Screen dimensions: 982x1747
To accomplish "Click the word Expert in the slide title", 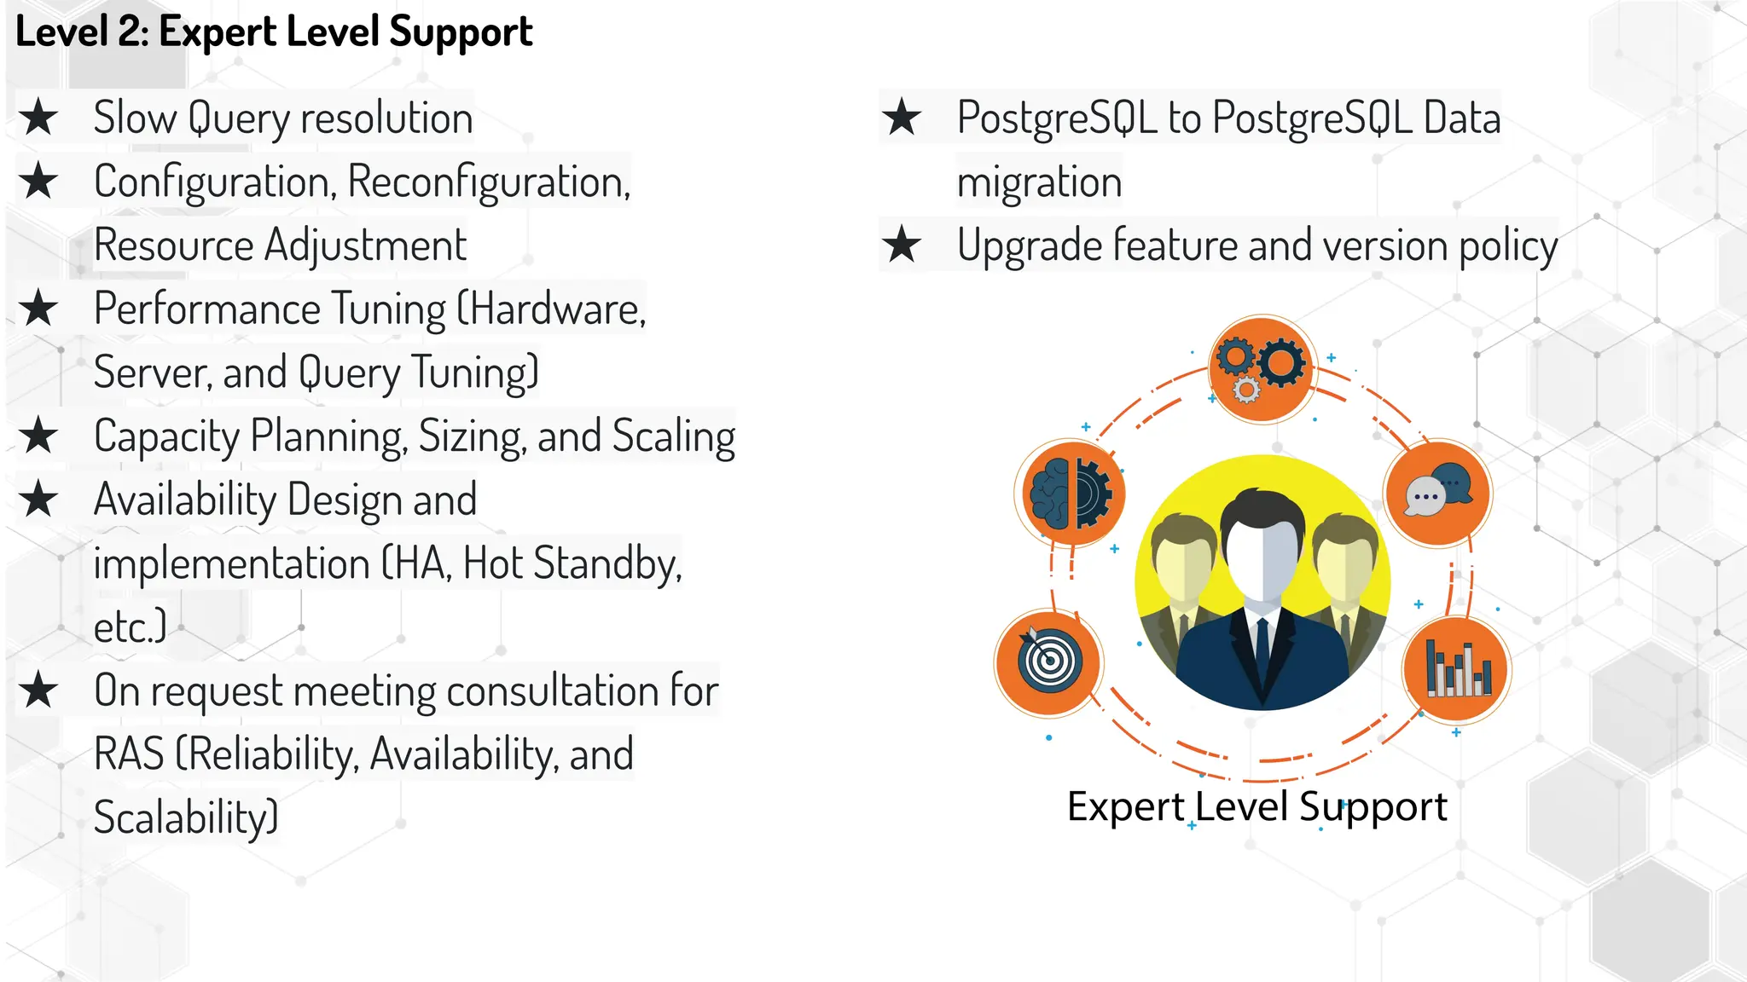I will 218,32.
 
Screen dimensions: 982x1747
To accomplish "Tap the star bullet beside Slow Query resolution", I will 39,118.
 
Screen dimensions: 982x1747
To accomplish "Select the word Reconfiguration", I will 488,182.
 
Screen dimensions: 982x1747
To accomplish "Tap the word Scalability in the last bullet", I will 185,817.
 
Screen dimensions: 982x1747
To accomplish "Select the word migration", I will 1039,182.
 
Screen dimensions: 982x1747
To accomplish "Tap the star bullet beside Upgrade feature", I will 902,245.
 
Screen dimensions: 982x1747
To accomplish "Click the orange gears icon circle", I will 1262,368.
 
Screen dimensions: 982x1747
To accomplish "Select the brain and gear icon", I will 1071,494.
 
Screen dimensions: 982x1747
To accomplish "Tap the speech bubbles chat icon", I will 1438,494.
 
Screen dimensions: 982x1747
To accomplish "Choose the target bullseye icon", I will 1049,661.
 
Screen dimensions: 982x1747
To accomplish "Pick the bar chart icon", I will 1457,668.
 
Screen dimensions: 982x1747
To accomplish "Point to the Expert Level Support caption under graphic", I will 1257,806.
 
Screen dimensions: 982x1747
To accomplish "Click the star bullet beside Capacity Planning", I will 39,436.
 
